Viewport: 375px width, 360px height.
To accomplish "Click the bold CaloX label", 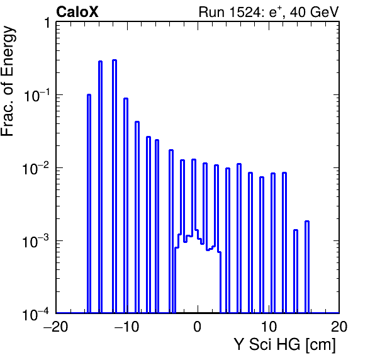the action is pyautogui.click(x=77, y=12).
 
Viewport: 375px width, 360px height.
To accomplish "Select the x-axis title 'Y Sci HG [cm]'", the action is pyautogui.click(x=284, y=345).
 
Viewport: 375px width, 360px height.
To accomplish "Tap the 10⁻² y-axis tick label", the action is pyautogui.click(x=36, y=169).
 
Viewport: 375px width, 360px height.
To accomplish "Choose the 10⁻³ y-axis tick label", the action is pyautogui.click(x=36, y=241).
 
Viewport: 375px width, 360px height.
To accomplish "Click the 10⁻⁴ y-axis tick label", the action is pyautogui.click(x=36, y=314).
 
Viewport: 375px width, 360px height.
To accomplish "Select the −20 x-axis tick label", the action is pyautogui.click(x=56, y=327).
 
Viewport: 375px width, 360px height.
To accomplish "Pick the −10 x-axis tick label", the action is pyautogui.click(x=126, y=327).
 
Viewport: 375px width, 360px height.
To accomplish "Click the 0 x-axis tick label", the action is pyautogui.click(x=198, y=327).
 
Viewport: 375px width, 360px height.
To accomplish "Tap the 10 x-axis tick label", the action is pyautogui.click(x=269, y=327).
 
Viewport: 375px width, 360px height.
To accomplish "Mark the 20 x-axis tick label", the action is pyautogui.click(x=339, y=327).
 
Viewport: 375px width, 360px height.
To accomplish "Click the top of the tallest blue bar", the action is pyautogui.click(x=115, y=60).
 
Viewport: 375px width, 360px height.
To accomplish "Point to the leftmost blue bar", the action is pyautogui.click(x=89, y=204).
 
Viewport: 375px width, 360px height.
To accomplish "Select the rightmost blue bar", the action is pyautogui.click(x=307, y=267).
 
